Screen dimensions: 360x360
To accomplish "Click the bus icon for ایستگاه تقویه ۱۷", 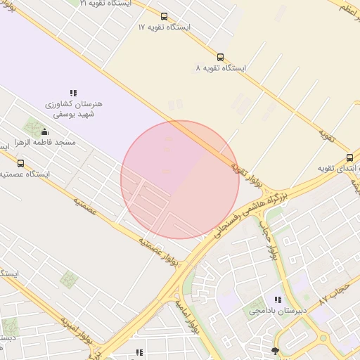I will pyautogui.click(x=164, y=16).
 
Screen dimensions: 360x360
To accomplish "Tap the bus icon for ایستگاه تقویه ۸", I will pyautogui.click(x=220, y=58).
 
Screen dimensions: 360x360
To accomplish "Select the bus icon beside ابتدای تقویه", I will pyautogui.click(x=349, y=157).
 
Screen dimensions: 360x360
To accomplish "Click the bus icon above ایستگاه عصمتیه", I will pyautogui.click(x=20, y=164).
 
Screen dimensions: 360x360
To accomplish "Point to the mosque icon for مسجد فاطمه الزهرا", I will pyautogui.click(x=45, y=131).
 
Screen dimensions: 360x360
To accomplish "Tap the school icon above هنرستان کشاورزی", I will pyautogui.click(x=73, y=93).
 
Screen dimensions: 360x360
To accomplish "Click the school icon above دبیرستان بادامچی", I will pyautogui.click(x=278, y=300).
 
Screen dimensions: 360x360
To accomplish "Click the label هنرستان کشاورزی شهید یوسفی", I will pyautogui.click(x=73, y=109).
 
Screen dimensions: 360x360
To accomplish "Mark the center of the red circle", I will pyautogui.click(x=180, y=179).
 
